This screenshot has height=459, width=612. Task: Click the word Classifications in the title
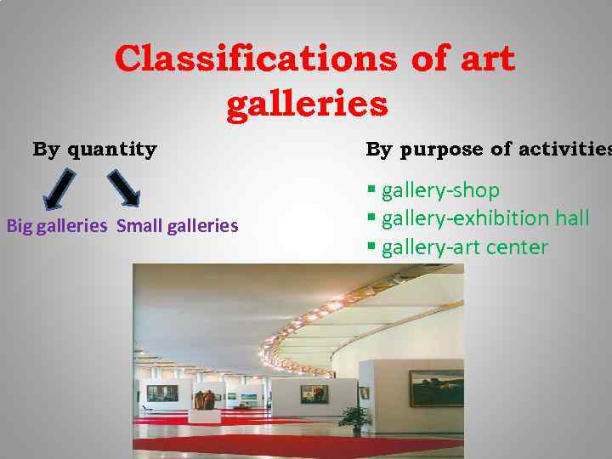click(255, 59)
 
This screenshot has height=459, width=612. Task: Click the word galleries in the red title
click(307, 105)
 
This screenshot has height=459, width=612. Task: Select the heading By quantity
click(94, 150)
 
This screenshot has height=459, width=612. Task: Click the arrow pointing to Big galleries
click(59, 187)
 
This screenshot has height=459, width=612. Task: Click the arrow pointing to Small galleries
click(124, 187)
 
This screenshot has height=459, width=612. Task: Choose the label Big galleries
click(57, 226)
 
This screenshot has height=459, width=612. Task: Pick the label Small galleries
click(177, 226)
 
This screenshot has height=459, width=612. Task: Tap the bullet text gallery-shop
click(440, 190)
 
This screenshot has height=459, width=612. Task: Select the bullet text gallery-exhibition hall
click(484, 218)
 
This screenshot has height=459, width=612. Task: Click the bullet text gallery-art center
click(464, 247)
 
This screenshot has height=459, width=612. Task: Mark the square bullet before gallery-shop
click(371, 190)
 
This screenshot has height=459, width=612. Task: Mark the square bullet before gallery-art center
click(371, 247)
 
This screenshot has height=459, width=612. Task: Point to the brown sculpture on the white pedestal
click(204, 399)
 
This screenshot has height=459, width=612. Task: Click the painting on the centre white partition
click(314, 394)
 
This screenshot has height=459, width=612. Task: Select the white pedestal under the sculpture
click(204, 416)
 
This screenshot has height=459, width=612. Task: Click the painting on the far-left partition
click(161, 393)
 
